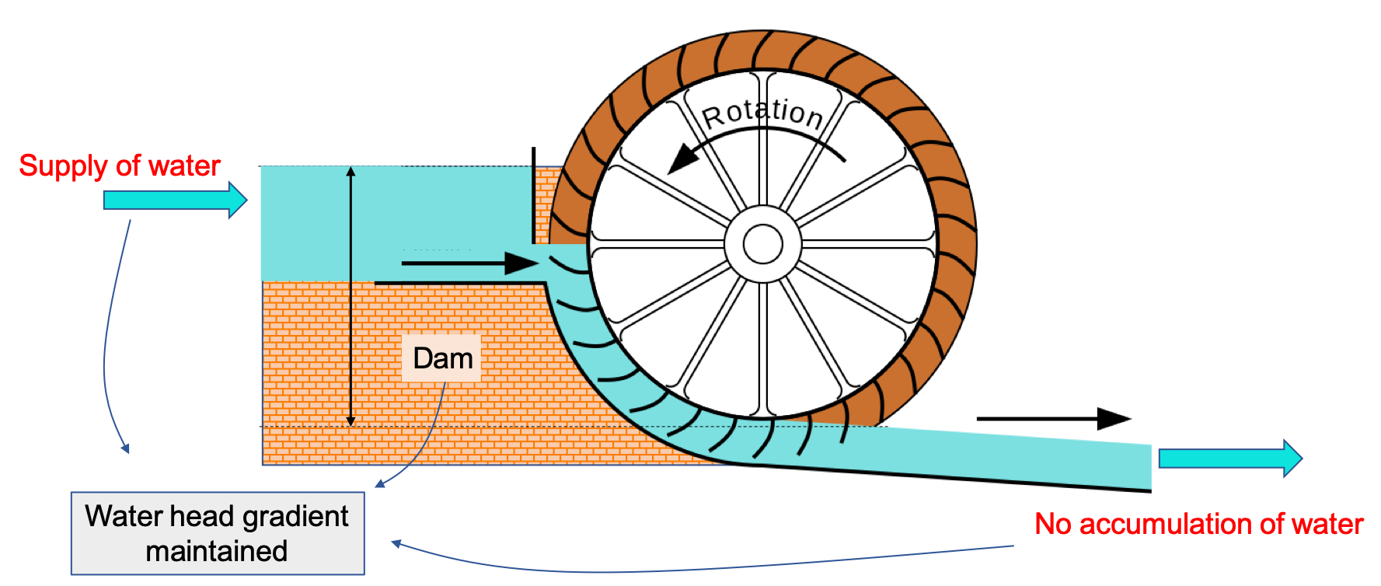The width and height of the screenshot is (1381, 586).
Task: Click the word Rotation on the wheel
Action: click(x=762, y=113)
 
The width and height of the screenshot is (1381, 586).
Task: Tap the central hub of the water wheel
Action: click(x=762, y=244)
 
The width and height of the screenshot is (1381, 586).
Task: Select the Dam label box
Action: click(x=442, y=358)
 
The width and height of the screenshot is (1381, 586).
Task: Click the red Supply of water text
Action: click(x=120, y=166)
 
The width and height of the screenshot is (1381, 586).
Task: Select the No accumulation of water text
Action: click(x=1198, y=524)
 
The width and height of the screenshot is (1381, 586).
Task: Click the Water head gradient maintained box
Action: click(x=218, y=533)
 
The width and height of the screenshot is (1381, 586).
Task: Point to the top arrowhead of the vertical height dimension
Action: click(x=350, y=172)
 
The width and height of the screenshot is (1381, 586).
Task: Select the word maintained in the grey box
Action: click(x=217, y=551)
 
